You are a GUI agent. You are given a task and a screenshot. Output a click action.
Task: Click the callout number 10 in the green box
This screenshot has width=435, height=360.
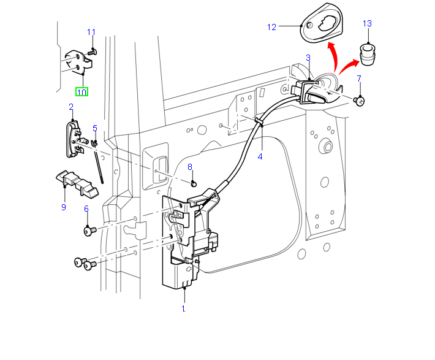81,92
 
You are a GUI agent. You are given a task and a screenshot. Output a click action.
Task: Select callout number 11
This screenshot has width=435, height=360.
91,33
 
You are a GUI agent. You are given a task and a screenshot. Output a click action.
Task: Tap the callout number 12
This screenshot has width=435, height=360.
272,27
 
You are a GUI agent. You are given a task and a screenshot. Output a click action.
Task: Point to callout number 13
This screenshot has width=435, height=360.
367,24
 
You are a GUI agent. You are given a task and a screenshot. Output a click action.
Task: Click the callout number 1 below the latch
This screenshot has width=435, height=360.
183,308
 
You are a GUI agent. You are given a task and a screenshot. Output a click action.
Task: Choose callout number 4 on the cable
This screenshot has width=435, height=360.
260,156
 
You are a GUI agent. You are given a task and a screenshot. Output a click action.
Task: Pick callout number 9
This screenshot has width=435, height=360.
63,207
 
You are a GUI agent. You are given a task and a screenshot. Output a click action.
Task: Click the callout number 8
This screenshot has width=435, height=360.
190,167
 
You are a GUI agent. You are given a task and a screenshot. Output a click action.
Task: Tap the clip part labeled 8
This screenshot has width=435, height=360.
193,182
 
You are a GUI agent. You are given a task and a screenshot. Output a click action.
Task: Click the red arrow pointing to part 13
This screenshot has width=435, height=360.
350,64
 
